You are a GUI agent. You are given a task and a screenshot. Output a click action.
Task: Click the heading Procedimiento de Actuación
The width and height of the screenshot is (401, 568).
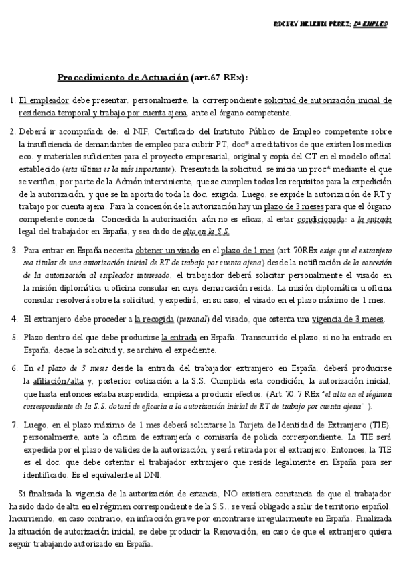(x=123, y=78)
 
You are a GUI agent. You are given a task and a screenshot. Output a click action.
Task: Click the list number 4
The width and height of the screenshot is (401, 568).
(x=14, y=319)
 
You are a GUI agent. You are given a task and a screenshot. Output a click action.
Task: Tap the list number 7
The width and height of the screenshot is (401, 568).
(x=14, y=426)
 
